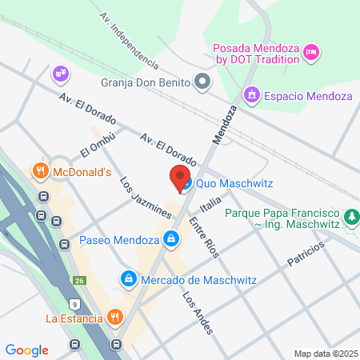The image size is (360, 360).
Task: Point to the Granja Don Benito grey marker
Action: [x=203, y=81]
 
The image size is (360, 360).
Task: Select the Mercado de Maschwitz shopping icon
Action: [x=126, y=278]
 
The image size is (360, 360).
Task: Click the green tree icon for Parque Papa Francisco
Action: [x=350, y=216]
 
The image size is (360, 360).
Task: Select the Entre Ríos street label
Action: [x=204, y=237]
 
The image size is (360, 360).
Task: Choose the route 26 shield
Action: [x=81, y=280]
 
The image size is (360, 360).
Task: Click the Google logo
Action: [x=26, y=350]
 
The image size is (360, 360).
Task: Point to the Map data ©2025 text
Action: [x=325, y=354]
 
